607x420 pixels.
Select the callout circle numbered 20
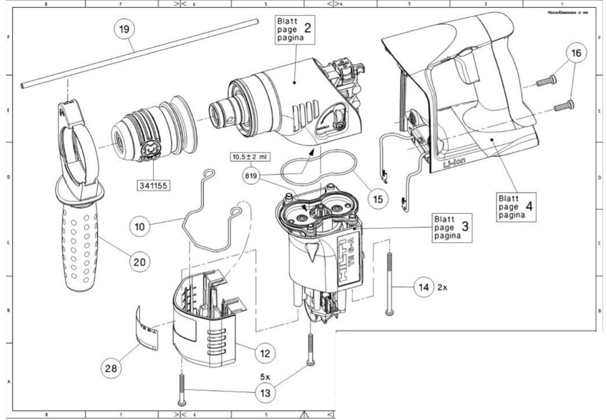click(x=140, y=261)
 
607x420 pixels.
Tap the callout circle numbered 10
click(x=140, y=226)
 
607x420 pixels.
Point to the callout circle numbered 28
click(x=112, y=368)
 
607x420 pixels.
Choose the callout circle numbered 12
click(x=264, y=353)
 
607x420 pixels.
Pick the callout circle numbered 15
click(x=378, y=198)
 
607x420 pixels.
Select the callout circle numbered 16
click(x=576, y=53)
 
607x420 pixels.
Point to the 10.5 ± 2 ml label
click(x=250, y=157)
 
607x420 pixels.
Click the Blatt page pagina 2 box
click(x=293, y=30)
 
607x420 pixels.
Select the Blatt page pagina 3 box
click(x=452, y=227)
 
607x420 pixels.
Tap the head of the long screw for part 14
click(x=389, y=311)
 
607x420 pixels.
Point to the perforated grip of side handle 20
click(x=80, y=248)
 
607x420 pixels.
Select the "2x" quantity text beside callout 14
click(x=442, y=287)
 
